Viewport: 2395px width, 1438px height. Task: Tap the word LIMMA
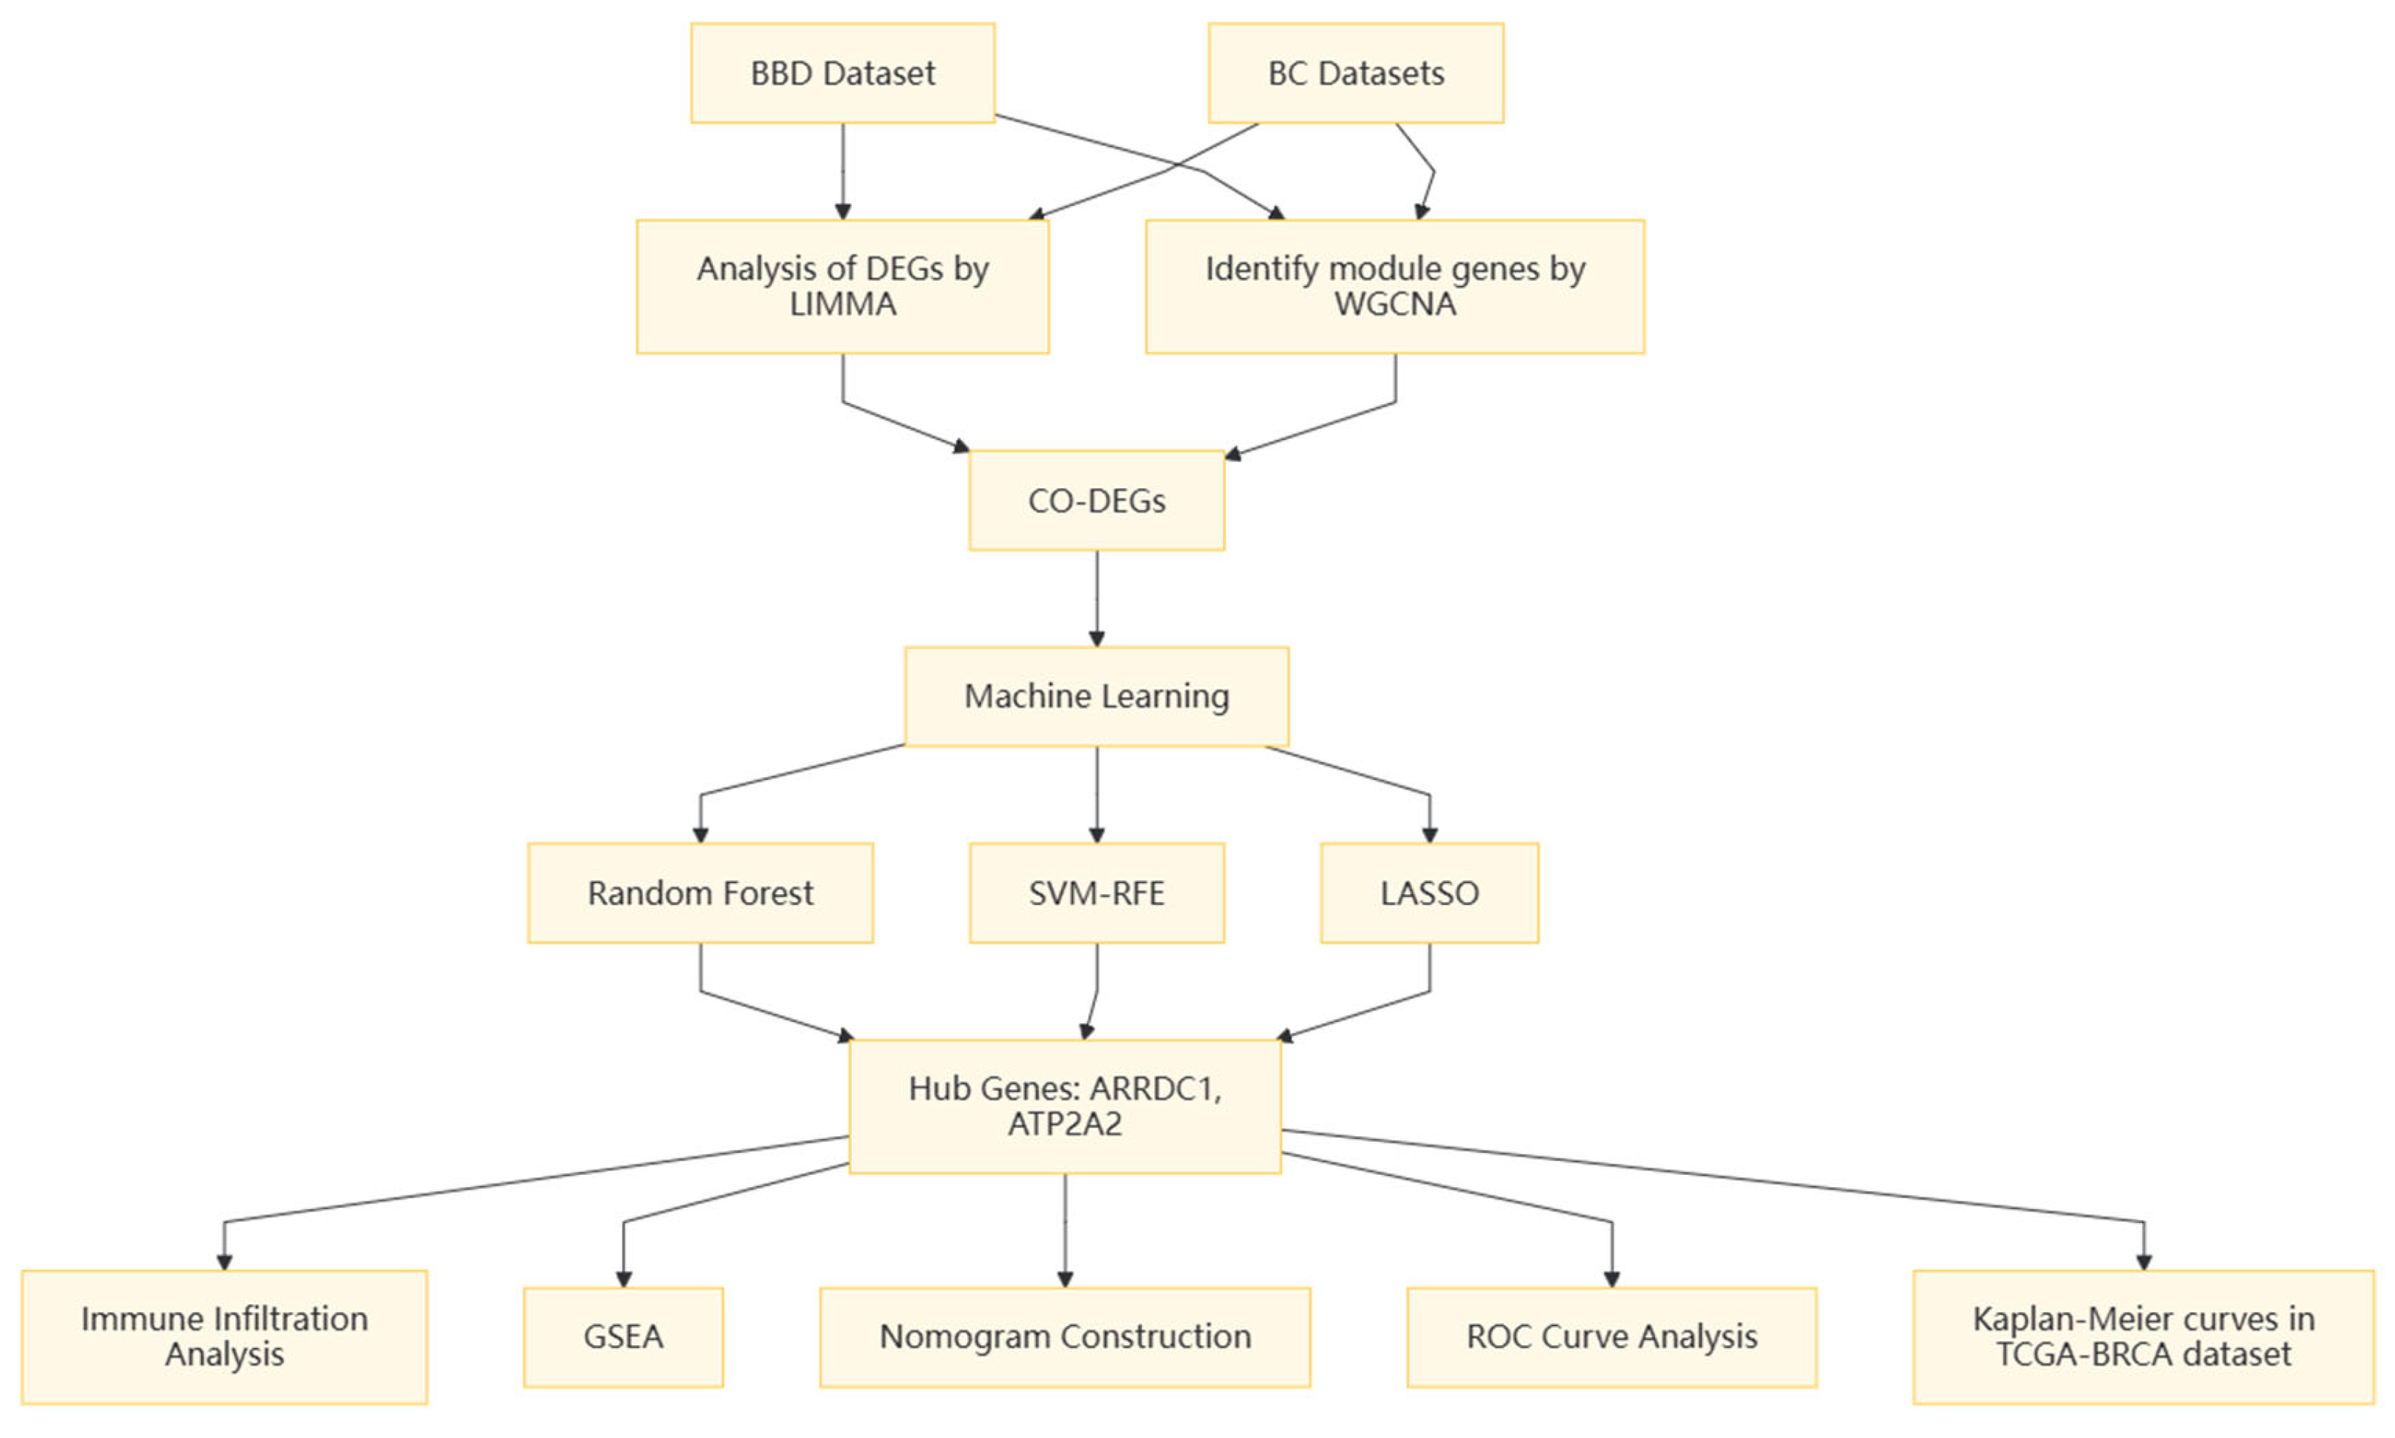pyautogui.click(x=842, y=304)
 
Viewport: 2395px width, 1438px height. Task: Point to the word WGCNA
pyautogui.click(x=1394, y=304)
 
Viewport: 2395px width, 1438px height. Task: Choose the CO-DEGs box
pyautogui.click(x=1096, y=500)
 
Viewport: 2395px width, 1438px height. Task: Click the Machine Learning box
pyautogui.click(x=1096, y=696)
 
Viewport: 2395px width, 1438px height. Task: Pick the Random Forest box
pyautogui.click(x=700, y=893)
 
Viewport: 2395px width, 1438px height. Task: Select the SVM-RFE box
pyautogui.click(x=1096, y=893)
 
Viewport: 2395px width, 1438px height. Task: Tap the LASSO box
pyautogui.click(x=1429, y=893)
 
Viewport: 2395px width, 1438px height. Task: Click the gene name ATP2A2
pyautogui.click(x=1064, y=1124)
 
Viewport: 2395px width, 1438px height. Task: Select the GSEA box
pyautogui.click(x=623, y=1336)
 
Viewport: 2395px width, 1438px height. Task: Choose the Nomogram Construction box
pyautogui.click(x=1064, y=1336)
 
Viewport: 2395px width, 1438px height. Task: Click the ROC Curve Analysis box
pyautogui.click(x=1611, y=1336)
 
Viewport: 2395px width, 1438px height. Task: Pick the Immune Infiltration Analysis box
pyautogui.click(x=224, y=1336)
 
